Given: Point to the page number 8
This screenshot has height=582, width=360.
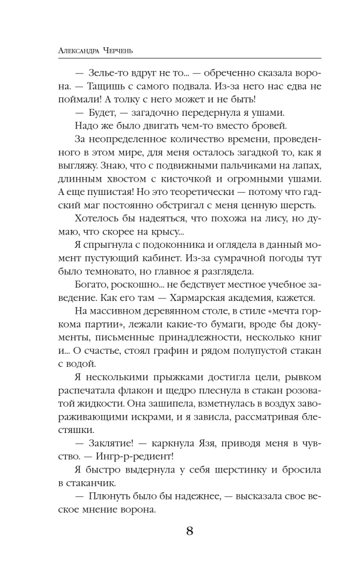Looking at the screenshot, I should coord(190,531).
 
